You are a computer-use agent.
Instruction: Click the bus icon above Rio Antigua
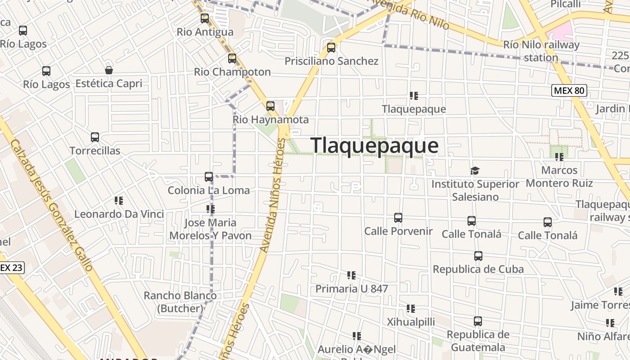click(205, 18)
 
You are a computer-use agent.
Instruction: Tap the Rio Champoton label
click(232, 72)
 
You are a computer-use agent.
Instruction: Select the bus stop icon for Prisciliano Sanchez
click(331, 47)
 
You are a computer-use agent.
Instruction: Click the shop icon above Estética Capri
click(108, 70)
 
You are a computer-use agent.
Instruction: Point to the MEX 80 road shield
click(569, 90)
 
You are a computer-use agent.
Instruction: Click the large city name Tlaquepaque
click(374, 146)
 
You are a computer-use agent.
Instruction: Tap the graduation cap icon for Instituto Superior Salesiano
click(475, 171)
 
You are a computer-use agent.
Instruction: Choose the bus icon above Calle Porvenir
click(398, 218)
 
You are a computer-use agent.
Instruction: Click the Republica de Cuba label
click(478, 269)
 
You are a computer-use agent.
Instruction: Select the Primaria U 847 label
click(351, 288)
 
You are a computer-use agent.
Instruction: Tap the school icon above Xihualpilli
click(411, 309)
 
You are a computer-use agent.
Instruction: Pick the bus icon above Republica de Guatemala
click(478, 321)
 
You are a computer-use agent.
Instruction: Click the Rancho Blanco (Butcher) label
click(180, 302)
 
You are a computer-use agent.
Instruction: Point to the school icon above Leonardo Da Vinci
click(119, 201)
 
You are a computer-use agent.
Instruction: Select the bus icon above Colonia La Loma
click(209, 177)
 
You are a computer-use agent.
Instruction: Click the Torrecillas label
click(95, 151)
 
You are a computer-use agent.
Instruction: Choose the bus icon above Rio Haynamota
click(270, 106)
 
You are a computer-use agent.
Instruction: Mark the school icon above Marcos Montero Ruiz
click(559, 157)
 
